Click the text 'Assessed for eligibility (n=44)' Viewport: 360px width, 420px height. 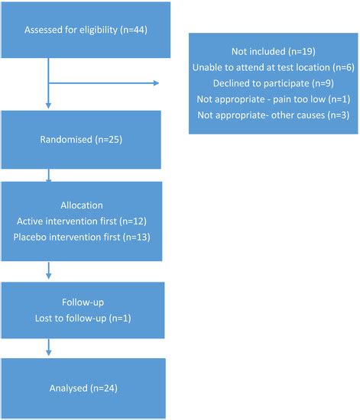(82, 31)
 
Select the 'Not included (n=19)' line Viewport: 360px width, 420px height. (274, 53)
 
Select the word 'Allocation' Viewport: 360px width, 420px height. (82, 206)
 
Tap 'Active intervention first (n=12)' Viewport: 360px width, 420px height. (82, 221)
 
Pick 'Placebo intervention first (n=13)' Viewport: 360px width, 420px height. (82, 237)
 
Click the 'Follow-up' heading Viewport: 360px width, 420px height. (82, 301)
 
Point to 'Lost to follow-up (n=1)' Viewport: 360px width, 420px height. (82, 316)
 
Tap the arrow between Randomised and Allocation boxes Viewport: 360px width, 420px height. (49, 177)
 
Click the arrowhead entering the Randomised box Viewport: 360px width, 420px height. (49, 108)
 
